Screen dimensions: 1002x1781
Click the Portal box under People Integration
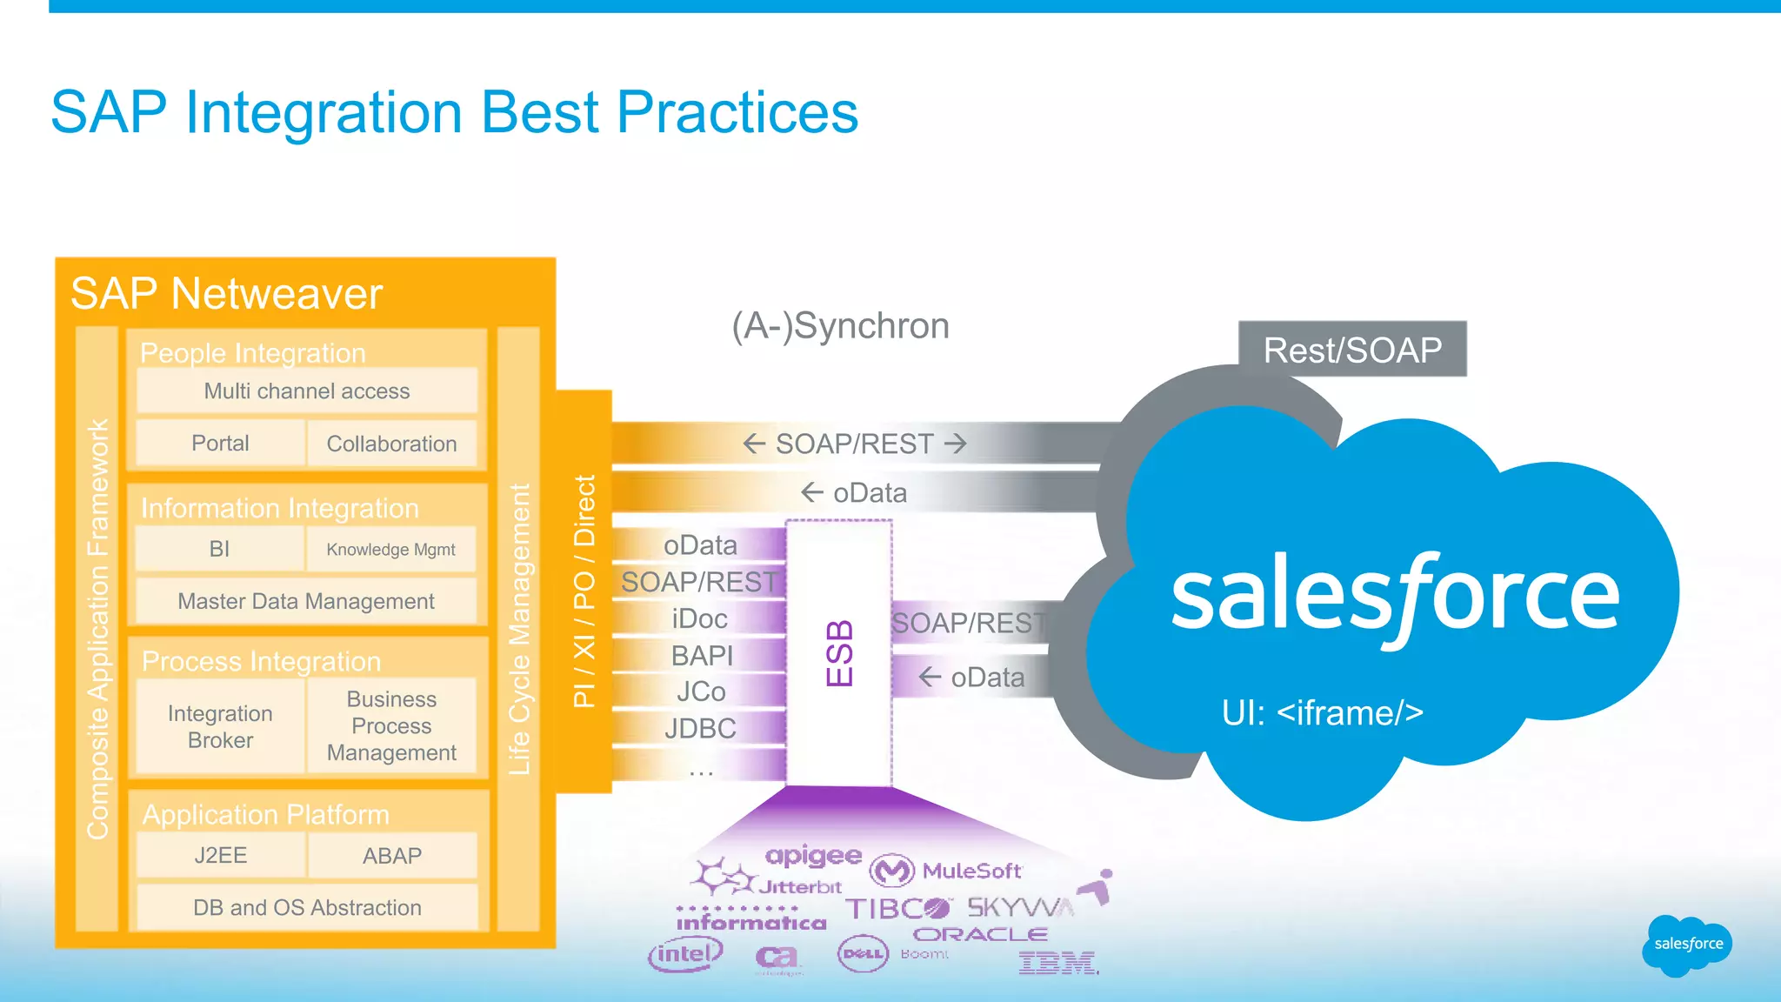(220, 444)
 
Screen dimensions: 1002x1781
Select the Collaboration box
(391, 444)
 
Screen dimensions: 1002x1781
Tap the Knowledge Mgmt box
(390, 550)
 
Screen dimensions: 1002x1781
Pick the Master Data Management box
(306, 601)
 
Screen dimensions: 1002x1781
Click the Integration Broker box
(220, 726)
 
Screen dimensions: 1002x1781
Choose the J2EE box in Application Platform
(220, 855)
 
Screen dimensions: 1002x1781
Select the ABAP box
(391, 855)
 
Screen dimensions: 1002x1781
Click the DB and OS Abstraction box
(307, 907)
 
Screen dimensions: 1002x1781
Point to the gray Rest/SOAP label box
(1352, 350)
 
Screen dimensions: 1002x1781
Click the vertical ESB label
(839, 652)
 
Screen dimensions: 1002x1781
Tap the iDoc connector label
(699, 618)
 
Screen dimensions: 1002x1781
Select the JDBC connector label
(700, 728)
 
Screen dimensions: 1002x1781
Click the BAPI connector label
(701, 655)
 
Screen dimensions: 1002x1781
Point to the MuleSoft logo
(948, 870)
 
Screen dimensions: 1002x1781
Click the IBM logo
(1057, 963)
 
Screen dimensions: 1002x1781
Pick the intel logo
(685, 954)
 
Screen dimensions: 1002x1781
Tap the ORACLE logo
(980, 934)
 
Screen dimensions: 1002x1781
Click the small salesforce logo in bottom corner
(1687, 945)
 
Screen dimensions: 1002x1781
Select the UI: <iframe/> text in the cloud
(1322, 713)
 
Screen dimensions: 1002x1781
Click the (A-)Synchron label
(840, 326)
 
